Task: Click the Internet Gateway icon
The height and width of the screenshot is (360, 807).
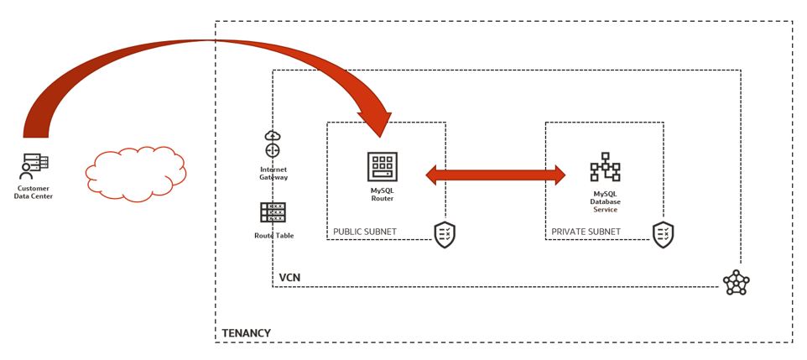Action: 273,144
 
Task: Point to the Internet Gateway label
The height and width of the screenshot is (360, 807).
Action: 273,174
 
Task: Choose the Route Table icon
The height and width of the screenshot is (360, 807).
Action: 273,212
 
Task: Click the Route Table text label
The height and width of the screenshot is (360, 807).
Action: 273,236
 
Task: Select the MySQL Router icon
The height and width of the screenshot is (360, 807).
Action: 383,166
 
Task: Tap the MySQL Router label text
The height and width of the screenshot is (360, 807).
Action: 383,196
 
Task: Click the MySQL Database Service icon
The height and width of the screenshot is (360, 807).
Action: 604,167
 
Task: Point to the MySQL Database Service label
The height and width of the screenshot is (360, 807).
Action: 604,201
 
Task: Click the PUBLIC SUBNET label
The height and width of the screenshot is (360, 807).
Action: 365,232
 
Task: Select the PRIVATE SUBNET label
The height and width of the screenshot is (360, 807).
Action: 586,232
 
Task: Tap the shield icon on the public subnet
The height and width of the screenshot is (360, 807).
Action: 445,235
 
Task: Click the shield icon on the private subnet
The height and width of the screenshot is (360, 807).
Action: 664,235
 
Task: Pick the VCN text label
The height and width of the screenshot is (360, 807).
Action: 289,277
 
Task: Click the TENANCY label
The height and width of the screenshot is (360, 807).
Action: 246,333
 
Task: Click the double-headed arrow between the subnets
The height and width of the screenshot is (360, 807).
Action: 496,175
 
